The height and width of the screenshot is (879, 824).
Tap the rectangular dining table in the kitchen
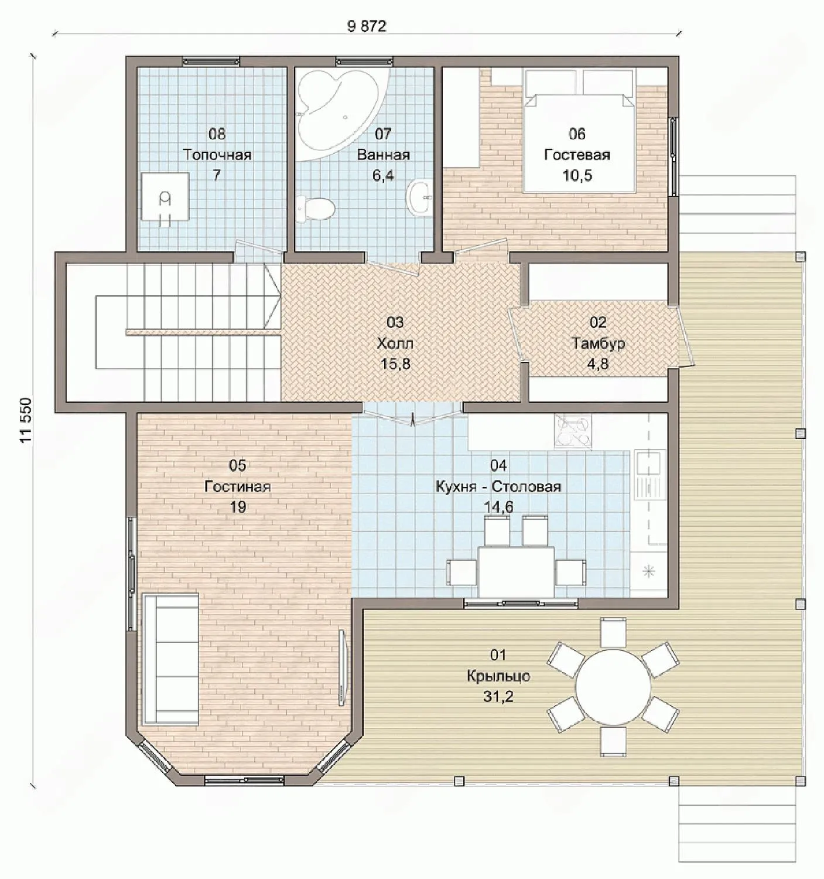coord(516,571)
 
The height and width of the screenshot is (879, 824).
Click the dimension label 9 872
coord(367,26)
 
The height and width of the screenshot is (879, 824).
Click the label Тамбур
coord(599,343)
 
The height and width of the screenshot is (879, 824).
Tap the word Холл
coord(395,343)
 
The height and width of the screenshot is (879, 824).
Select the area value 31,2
coord(498,697)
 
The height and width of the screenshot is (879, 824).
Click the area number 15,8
coord(395,364)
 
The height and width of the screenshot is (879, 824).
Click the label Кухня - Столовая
coord(498,487)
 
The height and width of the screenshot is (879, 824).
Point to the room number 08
coord(217,134)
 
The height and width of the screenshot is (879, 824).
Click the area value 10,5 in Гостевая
coord(577,176)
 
